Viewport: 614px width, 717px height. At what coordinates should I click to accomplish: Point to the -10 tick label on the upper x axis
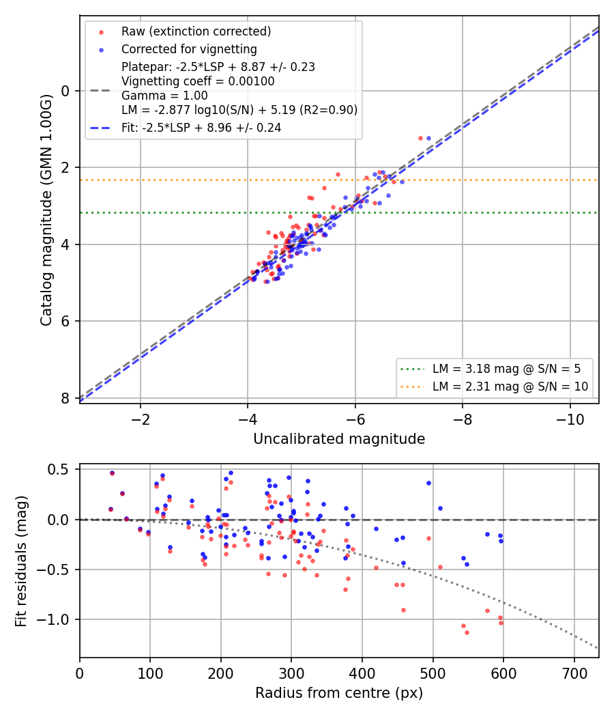(570, 419)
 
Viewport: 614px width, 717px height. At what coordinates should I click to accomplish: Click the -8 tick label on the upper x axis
(463, 419)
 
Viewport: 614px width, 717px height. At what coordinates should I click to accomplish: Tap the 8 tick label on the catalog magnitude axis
(65, 398)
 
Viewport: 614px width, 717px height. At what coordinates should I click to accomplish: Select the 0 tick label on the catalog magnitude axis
(65, 91)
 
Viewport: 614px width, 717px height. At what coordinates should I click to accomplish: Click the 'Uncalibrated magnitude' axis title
(339, 439)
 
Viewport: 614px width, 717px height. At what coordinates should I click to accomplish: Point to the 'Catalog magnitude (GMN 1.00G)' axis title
(46, 210)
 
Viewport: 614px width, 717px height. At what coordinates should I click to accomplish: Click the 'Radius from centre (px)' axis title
(339, 693)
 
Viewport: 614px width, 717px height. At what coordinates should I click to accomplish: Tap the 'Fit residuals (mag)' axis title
(21, 561)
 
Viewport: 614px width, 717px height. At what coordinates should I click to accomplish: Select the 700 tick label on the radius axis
(574, 673)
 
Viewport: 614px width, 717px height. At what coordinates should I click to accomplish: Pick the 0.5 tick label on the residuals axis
(59, 470)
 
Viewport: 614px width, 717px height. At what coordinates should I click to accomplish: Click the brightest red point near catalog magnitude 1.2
(420, 138)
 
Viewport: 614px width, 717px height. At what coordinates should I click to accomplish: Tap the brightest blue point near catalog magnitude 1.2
(428, 138)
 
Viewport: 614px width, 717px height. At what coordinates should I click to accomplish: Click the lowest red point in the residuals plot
(467, 632)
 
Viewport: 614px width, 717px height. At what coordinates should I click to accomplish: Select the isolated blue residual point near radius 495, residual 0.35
(428, 483)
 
